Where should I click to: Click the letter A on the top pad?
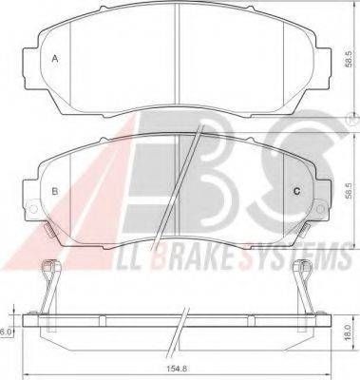coord(55,59)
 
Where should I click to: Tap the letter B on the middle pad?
coord(55,191)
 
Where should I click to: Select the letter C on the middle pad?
coord(297,191)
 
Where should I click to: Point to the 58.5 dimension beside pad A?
coord(349,60)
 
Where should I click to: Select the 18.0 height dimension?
coord(349,332)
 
